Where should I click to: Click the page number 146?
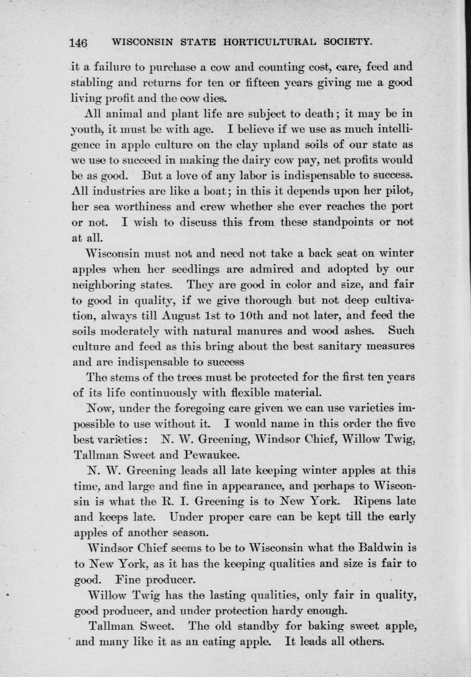[x=78, y=43]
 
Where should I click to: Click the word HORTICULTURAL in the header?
[x=269, y=42]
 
